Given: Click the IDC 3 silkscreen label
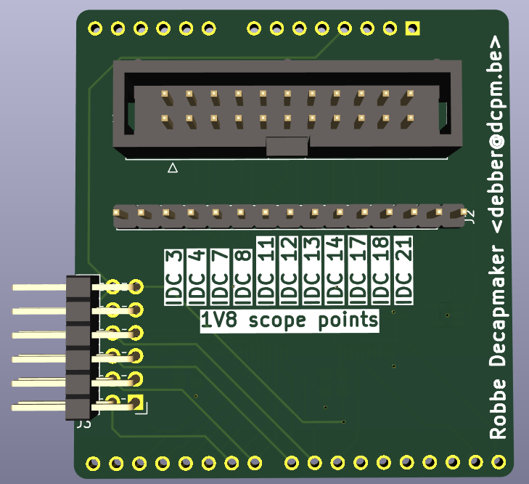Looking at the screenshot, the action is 173,278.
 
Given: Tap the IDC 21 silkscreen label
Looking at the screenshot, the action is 403,270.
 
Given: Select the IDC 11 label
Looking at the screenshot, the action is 266,270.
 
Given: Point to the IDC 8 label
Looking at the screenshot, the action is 243,278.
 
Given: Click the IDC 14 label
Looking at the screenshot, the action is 335,270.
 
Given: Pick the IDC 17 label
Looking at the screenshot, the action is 358,270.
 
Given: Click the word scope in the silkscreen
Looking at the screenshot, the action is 277,320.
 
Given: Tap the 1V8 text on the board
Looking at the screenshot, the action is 218,320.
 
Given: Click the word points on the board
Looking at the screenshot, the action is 348,320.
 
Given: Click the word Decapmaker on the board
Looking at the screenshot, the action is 498,307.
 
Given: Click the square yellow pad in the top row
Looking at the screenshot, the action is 413,28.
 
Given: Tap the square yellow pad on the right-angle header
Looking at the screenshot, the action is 136,402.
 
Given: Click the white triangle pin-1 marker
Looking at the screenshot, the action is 173,168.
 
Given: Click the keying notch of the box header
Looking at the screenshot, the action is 287,146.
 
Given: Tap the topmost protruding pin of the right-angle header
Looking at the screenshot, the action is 39,287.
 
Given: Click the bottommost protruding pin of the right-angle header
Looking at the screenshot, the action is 38,407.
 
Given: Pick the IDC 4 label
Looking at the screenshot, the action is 197,278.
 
